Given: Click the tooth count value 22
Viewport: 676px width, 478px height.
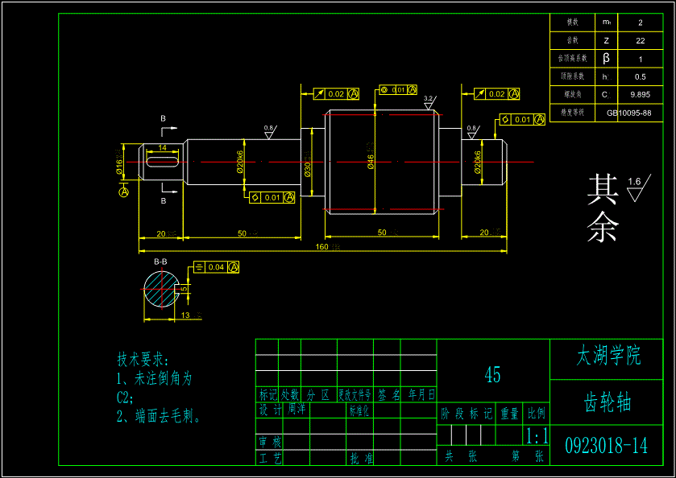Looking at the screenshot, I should pos(640,40).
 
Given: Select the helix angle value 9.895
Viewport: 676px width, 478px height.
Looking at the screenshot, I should pos(640,94).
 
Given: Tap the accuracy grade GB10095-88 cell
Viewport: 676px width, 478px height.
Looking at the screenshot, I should pos(628,113).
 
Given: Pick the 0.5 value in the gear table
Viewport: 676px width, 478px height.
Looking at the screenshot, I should pos(640,76).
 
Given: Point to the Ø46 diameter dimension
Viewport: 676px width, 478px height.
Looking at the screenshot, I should pos(371,161).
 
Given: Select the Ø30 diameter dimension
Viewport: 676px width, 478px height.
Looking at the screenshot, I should pos(308,167).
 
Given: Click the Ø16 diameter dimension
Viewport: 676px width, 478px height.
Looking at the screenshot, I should pos(119,165).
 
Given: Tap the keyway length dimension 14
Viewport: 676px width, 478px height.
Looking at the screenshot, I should pos(163,148).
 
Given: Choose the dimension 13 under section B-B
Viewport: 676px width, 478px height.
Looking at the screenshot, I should pos(185,315).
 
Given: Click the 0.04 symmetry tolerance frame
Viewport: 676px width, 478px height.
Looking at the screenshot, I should pos(216,267).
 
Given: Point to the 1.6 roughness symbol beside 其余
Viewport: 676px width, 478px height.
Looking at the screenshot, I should pos(637,187).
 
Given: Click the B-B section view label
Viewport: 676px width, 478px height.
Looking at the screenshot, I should pos(161,262).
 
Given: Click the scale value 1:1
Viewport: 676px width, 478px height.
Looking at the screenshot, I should pos(536,437).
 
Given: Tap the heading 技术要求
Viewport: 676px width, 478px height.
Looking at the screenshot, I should pos(143,359).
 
